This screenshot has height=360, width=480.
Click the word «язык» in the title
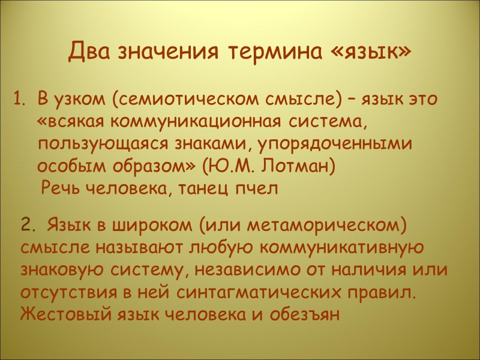(x=371, y=52)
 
